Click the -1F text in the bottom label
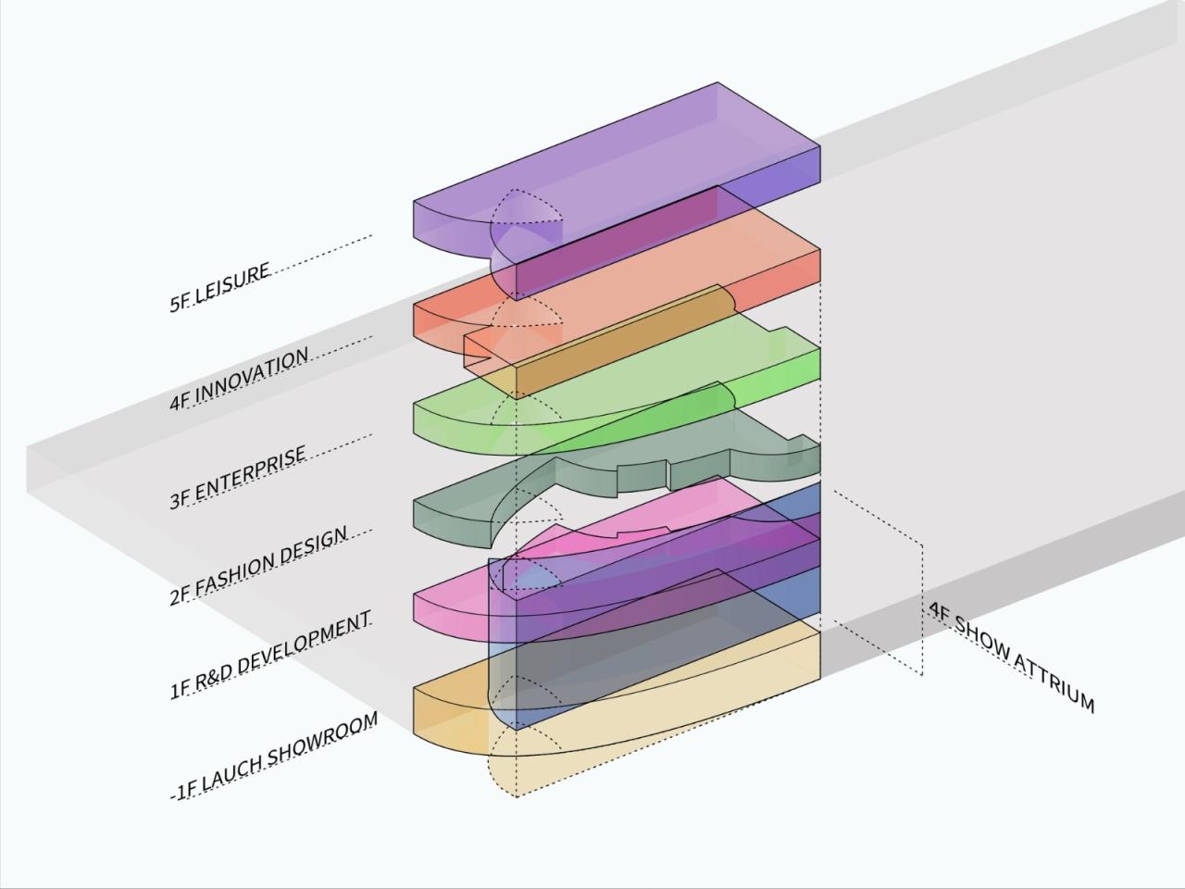coord(184,790)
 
